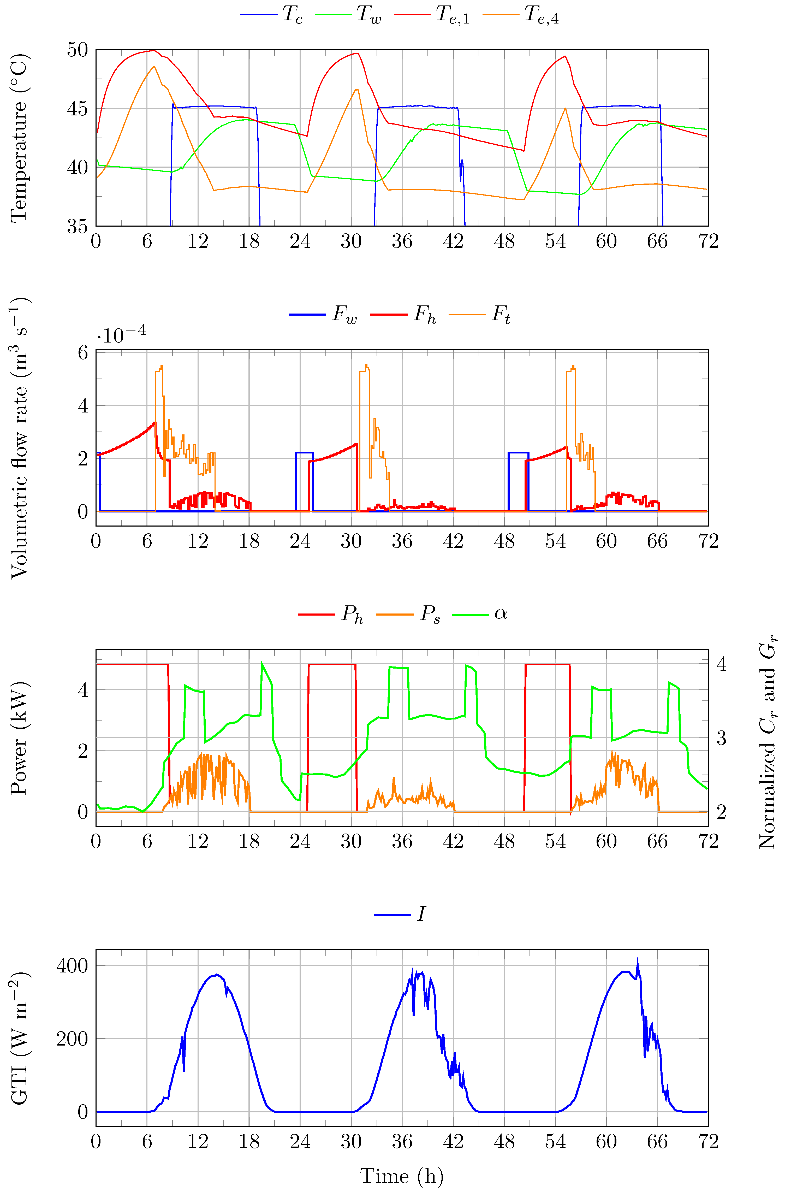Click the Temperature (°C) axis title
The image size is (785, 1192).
[x=19, y=138]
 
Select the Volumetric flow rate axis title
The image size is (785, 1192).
[x=19, y=438]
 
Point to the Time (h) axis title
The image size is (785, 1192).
[x=402, y=1176]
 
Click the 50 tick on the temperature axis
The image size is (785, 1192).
[x=78, y=50]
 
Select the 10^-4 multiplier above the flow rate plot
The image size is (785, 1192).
[x=122, y=335]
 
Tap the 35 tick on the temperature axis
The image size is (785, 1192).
[x=78, y=226]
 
